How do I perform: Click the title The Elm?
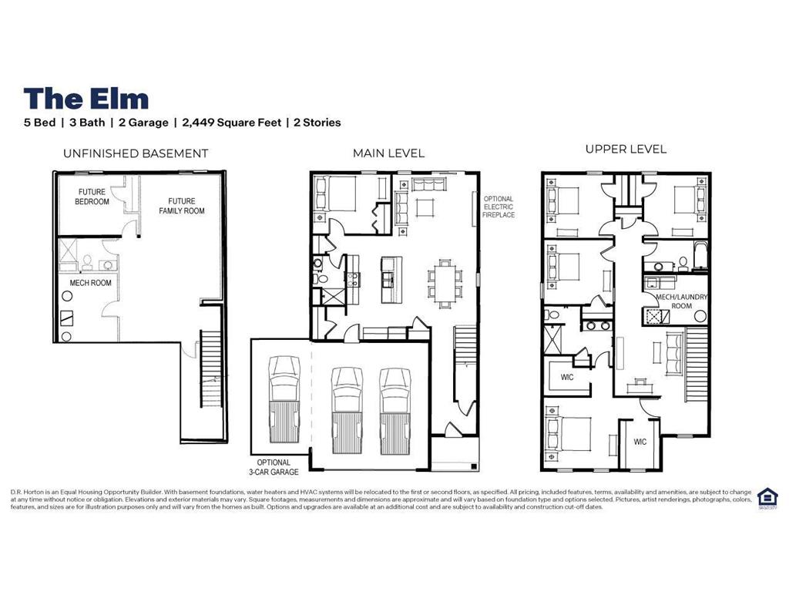click(86, 99)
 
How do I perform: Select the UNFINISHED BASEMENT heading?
click(135, 153)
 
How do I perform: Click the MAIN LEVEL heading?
click(388, 153)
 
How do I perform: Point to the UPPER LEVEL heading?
click(626, 149)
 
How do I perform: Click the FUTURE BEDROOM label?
click(92, 197)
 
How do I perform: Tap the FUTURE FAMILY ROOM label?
click(182, 206)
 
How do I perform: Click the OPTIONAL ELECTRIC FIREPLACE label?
click(499, 207)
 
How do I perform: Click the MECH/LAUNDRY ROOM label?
click(681, 301)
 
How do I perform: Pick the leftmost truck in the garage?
click(285, 398)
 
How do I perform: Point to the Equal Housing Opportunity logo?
click(767, 497)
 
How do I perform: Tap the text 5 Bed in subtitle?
click(39, 123)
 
